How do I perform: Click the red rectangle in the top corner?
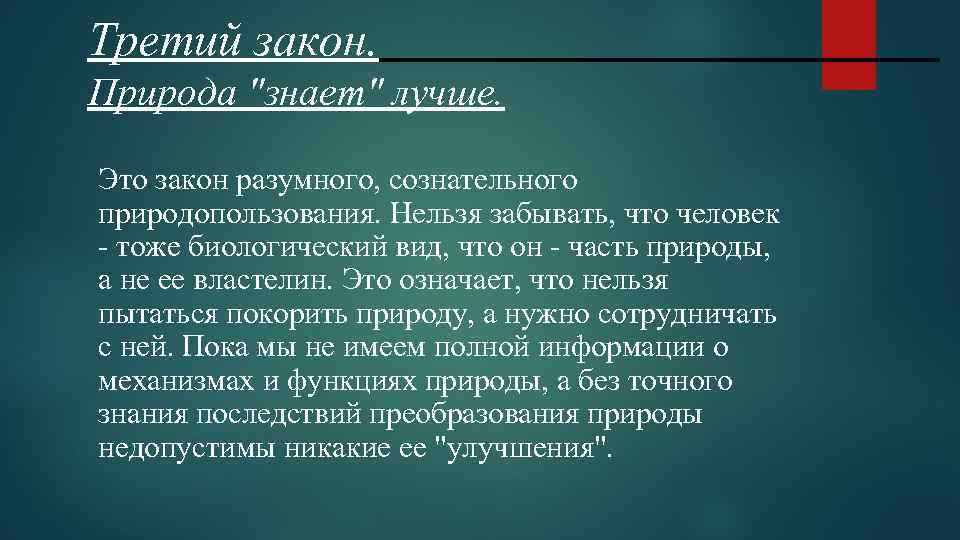[848, 44]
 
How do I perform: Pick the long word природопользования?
[240, 215]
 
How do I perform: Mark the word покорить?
[295, 315]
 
